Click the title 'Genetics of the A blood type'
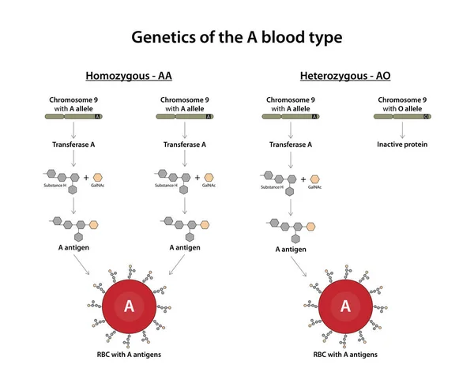(236, 37)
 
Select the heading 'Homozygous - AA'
(128, 77)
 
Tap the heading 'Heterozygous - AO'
(344, 77)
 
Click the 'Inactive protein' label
(402, 145)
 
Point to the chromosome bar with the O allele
(402, 116)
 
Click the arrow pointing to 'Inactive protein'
(402, 130)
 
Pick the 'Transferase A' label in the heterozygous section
(291, 145)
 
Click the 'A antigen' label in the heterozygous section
(291, 249)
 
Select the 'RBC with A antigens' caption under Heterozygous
(344, 355)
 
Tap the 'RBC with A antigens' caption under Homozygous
(129, 355)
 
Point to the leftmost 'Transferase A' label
(73, 145)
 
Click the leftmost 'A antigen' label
(73, 246)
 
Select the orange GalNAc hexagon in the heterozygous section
(315, 178)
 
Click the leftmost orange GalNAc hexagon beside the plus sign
(98, 177)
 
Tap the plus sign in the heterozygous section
(303, 178)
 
